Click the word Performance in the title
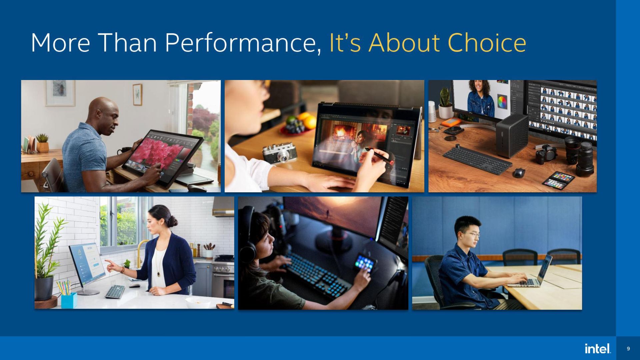coord(243,43)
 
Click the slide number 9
coord(628,349)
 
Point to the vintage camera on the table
coord(279,153)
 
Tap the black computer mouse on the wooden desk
coord(519,173)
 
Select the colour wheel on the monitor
coord(502,102)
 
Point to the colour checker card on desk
coord(559,179)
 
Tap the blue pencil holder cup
coord(69,300)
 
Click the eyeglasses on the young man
coord(471,234)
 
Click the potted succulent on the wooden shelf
coord(43,143)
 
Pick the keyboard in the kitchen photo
coord(115,291)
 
